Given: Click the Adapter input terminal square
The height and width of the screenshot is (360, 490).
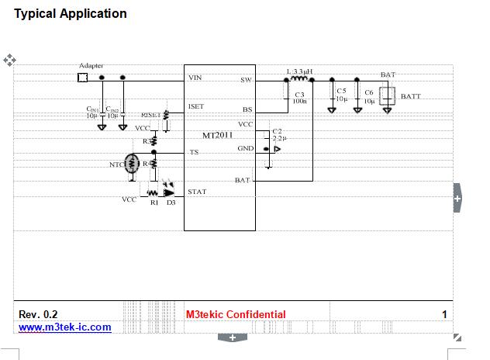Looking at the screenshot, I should [83, 78].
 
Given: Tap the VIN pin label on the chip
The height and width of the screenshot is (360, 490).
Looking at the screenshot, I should [195, 78].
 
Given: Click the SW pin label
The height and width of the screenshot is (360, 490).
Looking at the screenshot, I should [246, 80].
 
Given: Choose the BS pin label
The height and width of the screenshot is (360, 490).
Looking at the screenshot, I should [247, 109].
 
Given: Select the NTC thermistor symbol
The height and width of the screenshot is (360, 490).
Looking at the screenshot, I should [132, 164].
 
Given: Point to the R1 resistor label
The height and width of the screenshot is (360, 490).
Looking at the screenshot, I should [154, 202].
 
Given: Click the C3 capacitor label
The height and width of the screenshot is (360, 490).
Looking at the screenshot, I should [299, 95].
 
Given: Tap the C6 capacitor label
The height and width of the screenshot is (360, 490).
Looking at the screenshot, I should [368, 92].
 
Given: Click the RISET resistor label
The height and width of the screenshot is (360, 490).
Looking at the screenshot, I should [150, 114].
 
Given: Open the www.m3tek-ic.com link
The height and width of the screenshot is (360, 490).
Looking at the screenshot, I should [64, 327].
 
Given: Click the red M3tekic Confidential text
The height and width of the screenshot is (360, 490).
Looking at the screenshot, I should [236, 314].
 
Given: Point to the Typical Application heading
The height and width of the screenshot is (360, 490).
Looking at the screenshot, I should [71, 13].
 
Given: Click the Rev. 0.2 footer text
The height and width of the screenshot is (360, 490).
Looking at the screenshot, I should [38, 314].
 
